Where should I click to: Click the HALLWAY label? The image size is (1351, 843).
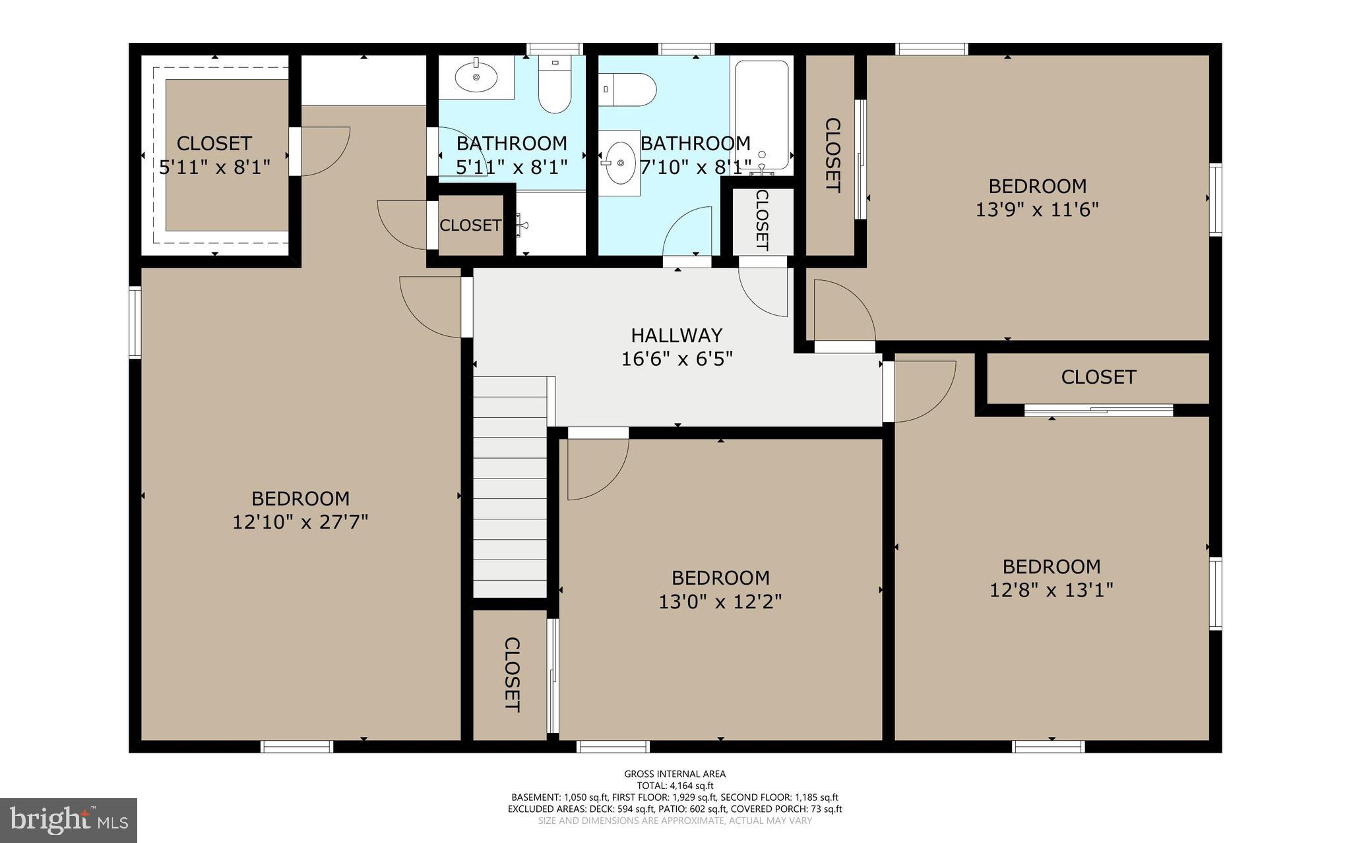click(x=676, y=335)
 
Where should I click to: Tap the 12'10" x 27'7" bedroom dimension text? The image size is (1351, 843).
click(x=299, y=522)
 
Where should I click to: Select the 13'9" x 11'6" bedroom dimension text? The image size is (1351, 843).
click(x=1037, y=210)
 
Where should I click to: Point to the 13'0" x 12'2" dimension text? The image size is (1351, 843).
click(x=720, y=601)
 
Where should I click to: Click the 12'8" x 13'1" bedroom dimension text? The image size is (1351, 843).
click(x=1051, y=589)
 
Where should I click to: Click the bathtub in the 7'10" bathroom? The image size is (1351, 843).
click(x=761, y=115)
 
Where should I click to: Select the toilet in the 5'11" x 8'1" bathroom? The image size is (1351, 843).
click(x=554, y=86)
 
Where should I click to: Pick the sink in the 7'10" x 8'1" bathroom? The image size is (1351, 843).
click(x=619, y=163)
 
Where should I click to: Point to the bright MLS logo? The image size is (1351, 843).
click(x=69, y=820)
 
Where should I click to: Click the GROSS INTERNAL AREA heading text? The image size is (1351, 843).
click(x=675, y=774)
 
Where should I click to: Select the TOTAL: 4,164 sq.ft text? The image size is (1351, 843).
click(x=675, y=785)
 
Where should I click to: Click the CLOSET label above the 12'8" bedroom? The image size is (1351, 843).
click(x=1098, y=377)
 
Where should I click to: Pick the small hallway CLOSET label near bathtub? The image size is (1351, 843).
click(x=763, y=220)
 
